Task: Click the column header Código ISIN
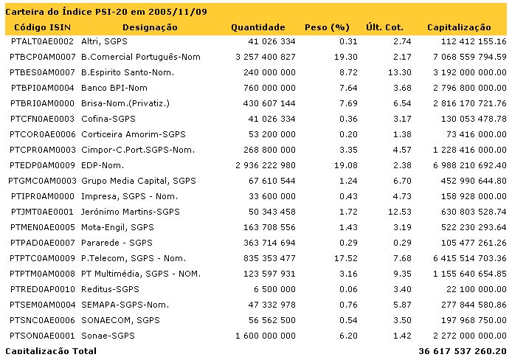point(40,27)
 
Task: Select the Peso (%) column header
point(326,27)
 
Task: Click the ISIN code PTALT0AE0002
point(42,41)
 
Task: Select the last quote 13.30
point(400,72)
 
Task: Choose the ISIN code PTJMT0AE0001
point(42,212)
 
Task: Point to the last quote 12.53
point(400,212)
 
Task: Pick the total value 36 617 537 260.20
point(462,351)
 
